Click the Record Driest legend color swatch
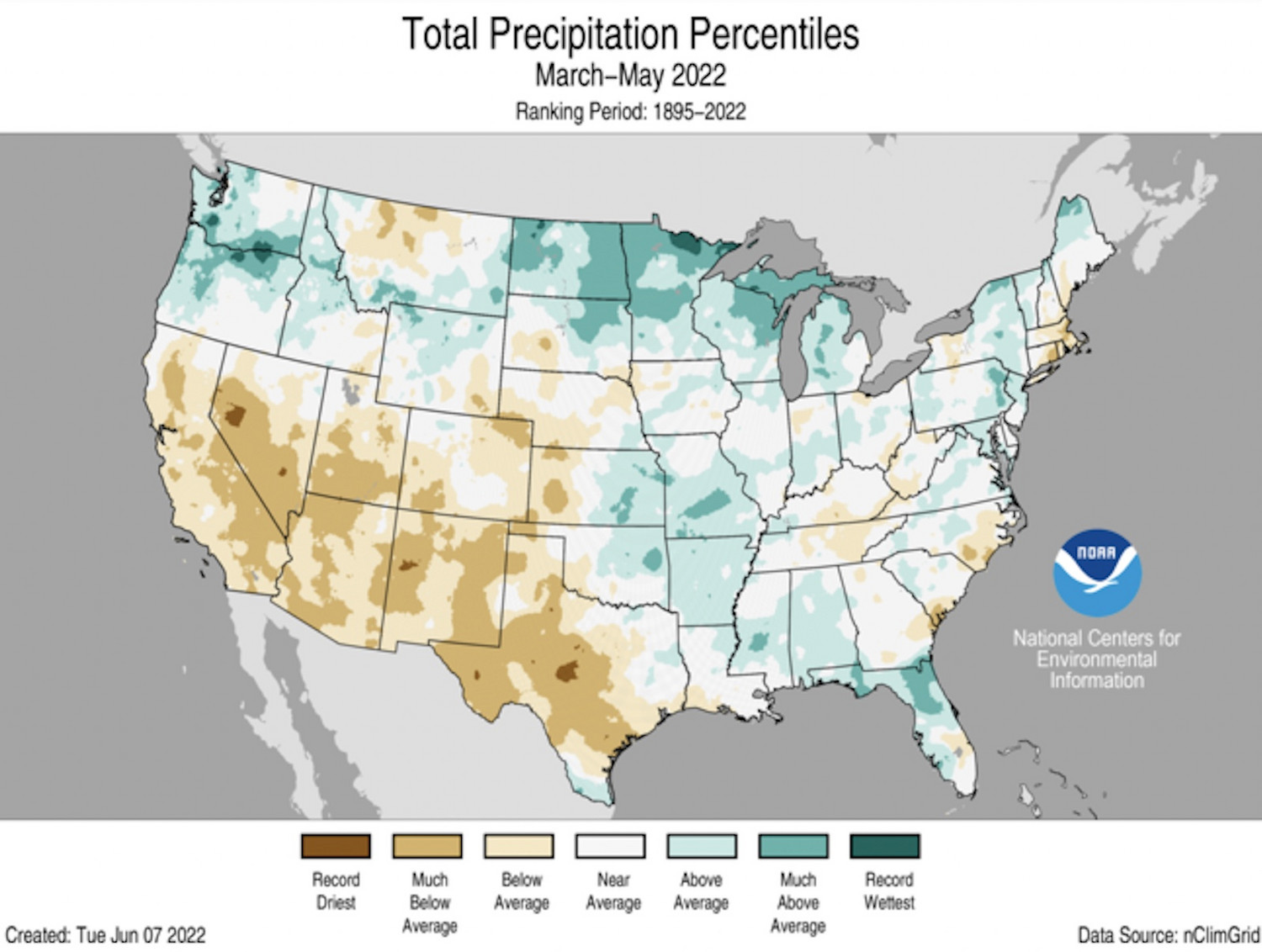click(x=335, y=845)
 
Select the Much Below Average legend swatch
click(x=427, y=845)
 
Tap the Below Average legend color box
click(x=519, y=845)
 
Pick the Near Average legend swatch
click(x=611, y=845)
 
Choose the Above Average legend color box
click(x=702, y=845)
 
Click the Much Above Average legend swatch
click(x=793, y=845)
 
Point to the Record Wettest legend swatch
click(x=885, y=845)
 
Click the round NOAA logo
click(x=1097, y=572)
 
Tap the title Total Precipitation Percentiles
click(x=630, y=34)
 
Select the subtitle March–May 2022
click(x=630, y=76)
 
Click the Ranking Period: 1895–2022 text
click(x=630, y=112)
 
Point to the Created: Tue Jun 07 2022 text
click(x=105, y=934)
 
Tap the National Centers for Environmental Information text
click(x=1096, y=658)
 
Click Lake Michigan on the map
click(x=793, y=353)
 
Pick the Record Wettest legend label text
click(x=889, y=891)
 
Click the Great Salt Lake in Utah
click(x=348, y=389)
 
